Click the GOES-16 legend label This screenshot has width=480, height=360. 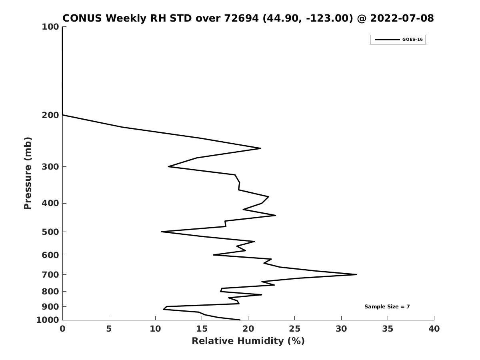pyautogui.click(x=412, y=40)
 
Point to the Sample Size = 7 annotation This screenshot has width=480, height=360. pyautogui.click(x=387, y=307)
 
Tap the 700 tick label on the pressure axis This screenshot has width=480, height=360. pyautogui.click(x=50, y=275)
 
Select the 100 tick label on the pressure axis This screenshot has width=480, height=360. pyautogui.click(x=50, y=27)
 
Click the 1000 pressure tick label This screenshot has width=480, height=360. pyautogui.click(x=48, y=320)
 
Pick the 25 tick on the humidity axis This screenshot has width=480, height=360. pyautogui.click(x=294, y=329)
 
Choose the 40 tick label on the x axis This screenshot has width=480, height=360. pyautogui.click(x=434, y=329)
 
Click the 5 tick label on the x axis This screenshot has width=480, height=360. pyautogui.click(x=109, y=329)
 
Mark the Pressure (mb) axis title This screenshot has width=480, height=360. pyautogui.click(x=28, y=173)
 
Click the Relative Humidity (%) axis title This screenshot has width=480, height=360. pyautogui.click(x=248, y=341)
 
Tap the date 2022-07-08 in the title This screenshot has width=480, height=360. pyautogui.click(x=402, y=18)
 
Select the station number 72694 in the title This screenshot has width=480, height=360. pyautogui.click(x=242, y=18)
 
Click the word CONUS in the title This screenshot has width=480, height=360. pyautogui.click(x=82, y=18)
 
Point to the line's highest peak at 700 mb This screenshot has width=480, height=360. pyautogui.click(x=356, y=274)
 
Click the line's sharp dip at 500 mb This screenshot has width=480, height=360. pyautogui.click(x=162, y=232)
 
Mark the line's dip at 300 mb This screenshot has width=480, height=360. pyautogui.click(x=168, y=166)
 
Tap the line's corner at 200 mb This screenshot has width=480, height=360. pyautogui.click(x=62, y=115)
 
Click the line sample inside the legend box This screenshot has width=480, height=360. pyautogui.click(x=387, y=40)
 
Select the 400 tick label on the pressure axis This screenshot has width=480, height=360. pyautogui.click(x=50, y=203)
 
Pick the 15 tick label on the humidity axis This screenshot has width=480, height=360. pyautogui.click(x=202, y=329)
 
